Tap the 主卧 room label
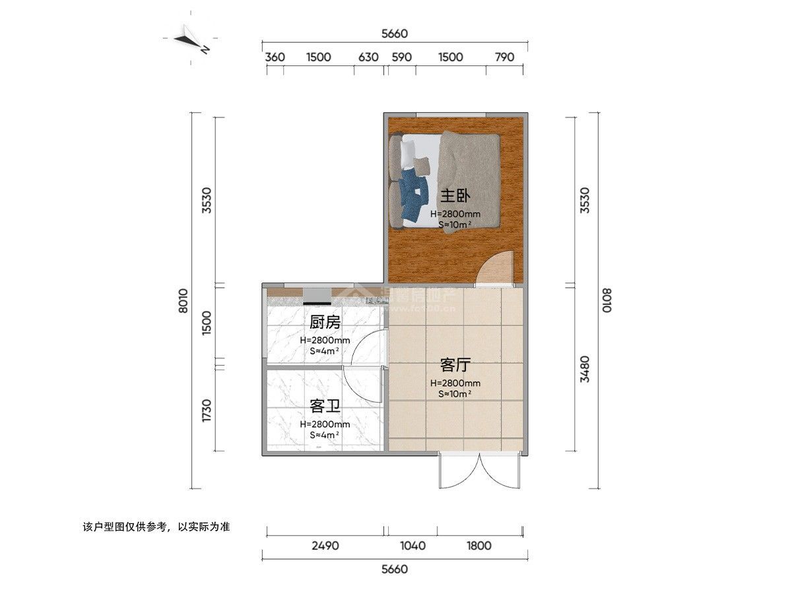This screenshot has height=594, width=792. coord(455,196)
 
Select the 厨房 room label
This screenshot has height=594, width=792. coord(325,323)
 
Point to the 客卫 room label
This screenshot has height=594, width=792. coord(325,406)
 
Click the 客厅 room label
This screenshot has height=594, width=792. coord(455,365)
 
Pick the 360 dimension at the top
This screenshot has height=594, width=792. coord(275,57)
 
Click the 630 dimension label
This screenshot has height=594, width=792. coord(368,57)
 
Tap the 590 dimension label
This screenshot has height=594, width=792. coord(401,57)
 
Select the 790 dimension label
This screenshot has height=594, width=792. coord(504,57)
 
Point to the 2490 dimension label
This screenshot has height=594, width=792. coord(325,546)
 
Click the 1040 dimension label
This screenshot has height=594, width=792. coord(413,546)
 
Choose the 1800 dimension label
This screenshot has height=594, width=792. coord(478,546)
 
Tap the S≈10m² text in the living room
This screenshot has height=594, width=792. coord(455,394)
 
